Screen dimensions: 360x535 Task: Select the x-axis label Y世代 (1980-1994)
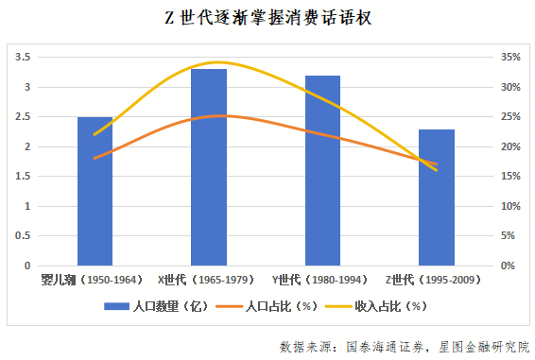click(322, 280)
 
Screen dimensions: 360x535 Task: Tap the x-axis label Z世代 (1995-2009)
click(436, 280)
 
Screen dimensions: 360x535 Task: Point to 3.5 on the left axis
click(25, 58)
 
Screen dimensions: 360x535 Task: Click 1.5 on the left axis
click(25, 177)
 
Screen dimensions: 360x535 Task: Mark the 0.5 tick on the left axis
click(25, 236)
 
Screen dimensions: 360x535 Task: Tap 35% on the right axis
click(509, 58)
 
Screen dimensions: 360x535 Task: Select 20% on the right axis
click(509, 146)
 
